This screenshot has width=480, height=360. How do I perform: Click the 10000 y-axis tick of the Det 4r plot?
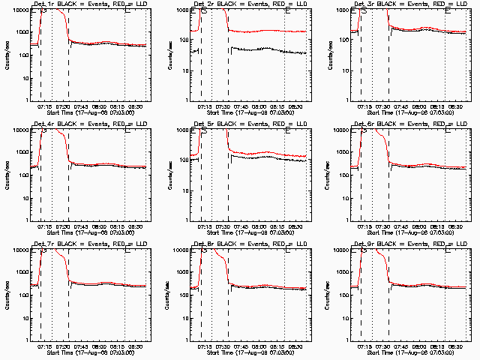pos(18,131)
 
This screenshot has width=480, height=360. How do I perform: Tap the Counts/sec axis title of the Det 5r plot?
pos(170,174)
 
